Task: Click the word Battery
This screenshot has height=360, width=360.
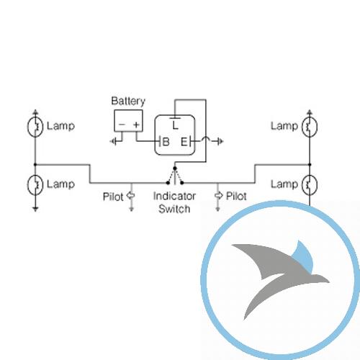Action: coord(128,102)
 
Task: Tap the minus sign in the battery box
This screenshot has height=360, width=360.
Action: coord(122,125)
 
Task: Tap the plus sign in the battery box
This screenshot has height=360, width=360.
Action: coord(136,125)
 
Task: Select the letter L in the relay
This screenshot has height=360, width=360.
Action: coord(176,125)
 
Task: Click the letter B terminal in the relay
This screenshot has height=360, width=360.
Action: coord(166,142)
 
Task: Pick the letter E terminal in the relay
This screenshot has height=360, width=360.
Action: coord(184,142)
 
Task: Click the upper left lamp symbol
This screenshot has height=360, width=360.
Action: coord(35,127)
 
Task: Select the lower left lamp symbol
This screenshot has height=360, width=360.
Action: coord(35,184)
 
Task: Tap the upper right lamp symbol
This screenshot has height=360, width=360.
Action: coord(310,127)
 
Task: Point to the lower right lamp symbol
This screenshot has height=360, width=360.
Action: coord(310,184)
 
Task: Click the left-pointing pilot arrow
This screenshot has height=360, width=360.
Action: coord(130,195)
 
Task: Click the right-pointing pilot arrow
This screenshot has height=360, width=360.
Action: coord(218,195)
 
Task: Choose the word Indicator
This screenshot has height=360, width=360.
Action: coord(174,196)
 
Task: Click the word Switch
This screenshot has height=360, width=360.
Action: coord(174,209)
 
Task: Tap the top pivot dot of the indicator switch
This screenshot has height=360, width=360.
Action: coord(175,168)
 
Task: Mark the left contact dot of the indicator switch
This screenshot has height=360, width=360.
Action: coord(168,183)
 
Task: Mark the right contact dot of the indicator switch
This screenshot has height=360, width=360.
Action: coord(182,183)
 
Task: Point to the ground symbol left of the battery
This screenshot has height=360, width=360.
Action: coord(114,141)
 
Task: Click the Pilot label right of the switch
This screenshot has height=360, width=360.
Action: coord(236,196)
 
